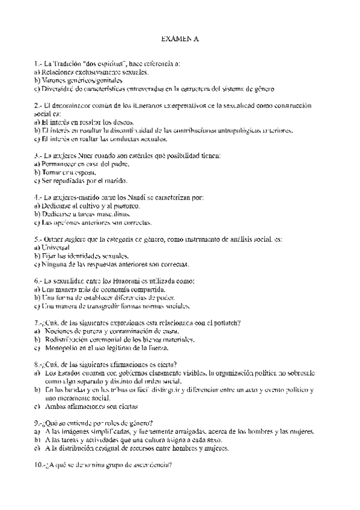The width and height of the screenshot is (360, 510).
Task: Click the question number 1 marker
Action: pos(38,63)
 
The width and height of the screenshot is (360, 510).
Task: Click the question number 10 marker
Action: pos(40,465)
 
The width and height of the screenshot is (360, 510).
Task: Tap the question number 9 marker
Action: pos(38,423)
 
